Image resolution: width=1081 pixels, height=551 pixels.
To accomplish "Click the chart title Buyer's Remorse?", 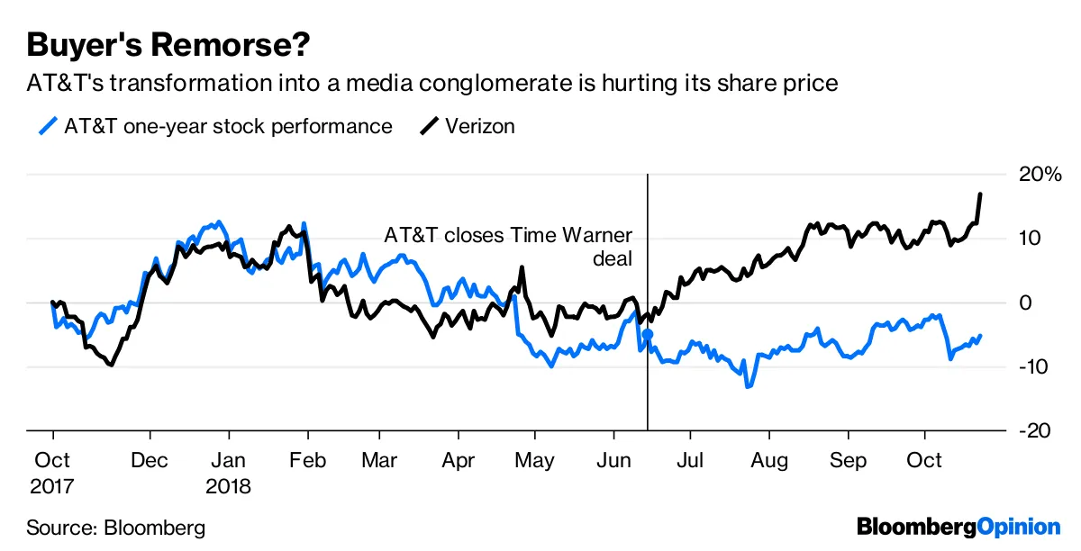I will click(170, 43).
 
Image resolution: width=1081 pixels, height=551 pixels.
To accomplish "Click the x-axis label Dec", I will click(149, 460).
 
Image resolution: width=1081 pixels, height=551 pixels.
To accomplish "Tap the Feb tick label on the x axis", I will click(308, 460).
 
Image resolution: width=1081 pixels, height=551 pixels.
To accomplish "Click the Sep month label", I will click(848, 460).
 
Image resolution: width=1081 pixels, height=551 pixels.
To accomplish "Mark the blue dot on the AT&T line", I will click(647, 334).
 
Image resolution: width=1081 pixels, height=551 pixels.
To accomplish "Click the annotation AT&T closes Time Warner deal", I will click(509, 247).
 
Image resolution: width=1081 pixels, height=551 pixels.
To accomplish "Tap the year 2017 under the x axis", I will click(53, 486).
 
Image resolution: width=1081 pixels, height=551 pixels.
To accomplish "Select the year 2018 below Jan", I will click(230, 486).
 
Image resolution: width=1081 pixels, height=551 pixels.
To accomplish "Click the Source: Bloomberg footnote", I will click(115, 527).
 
